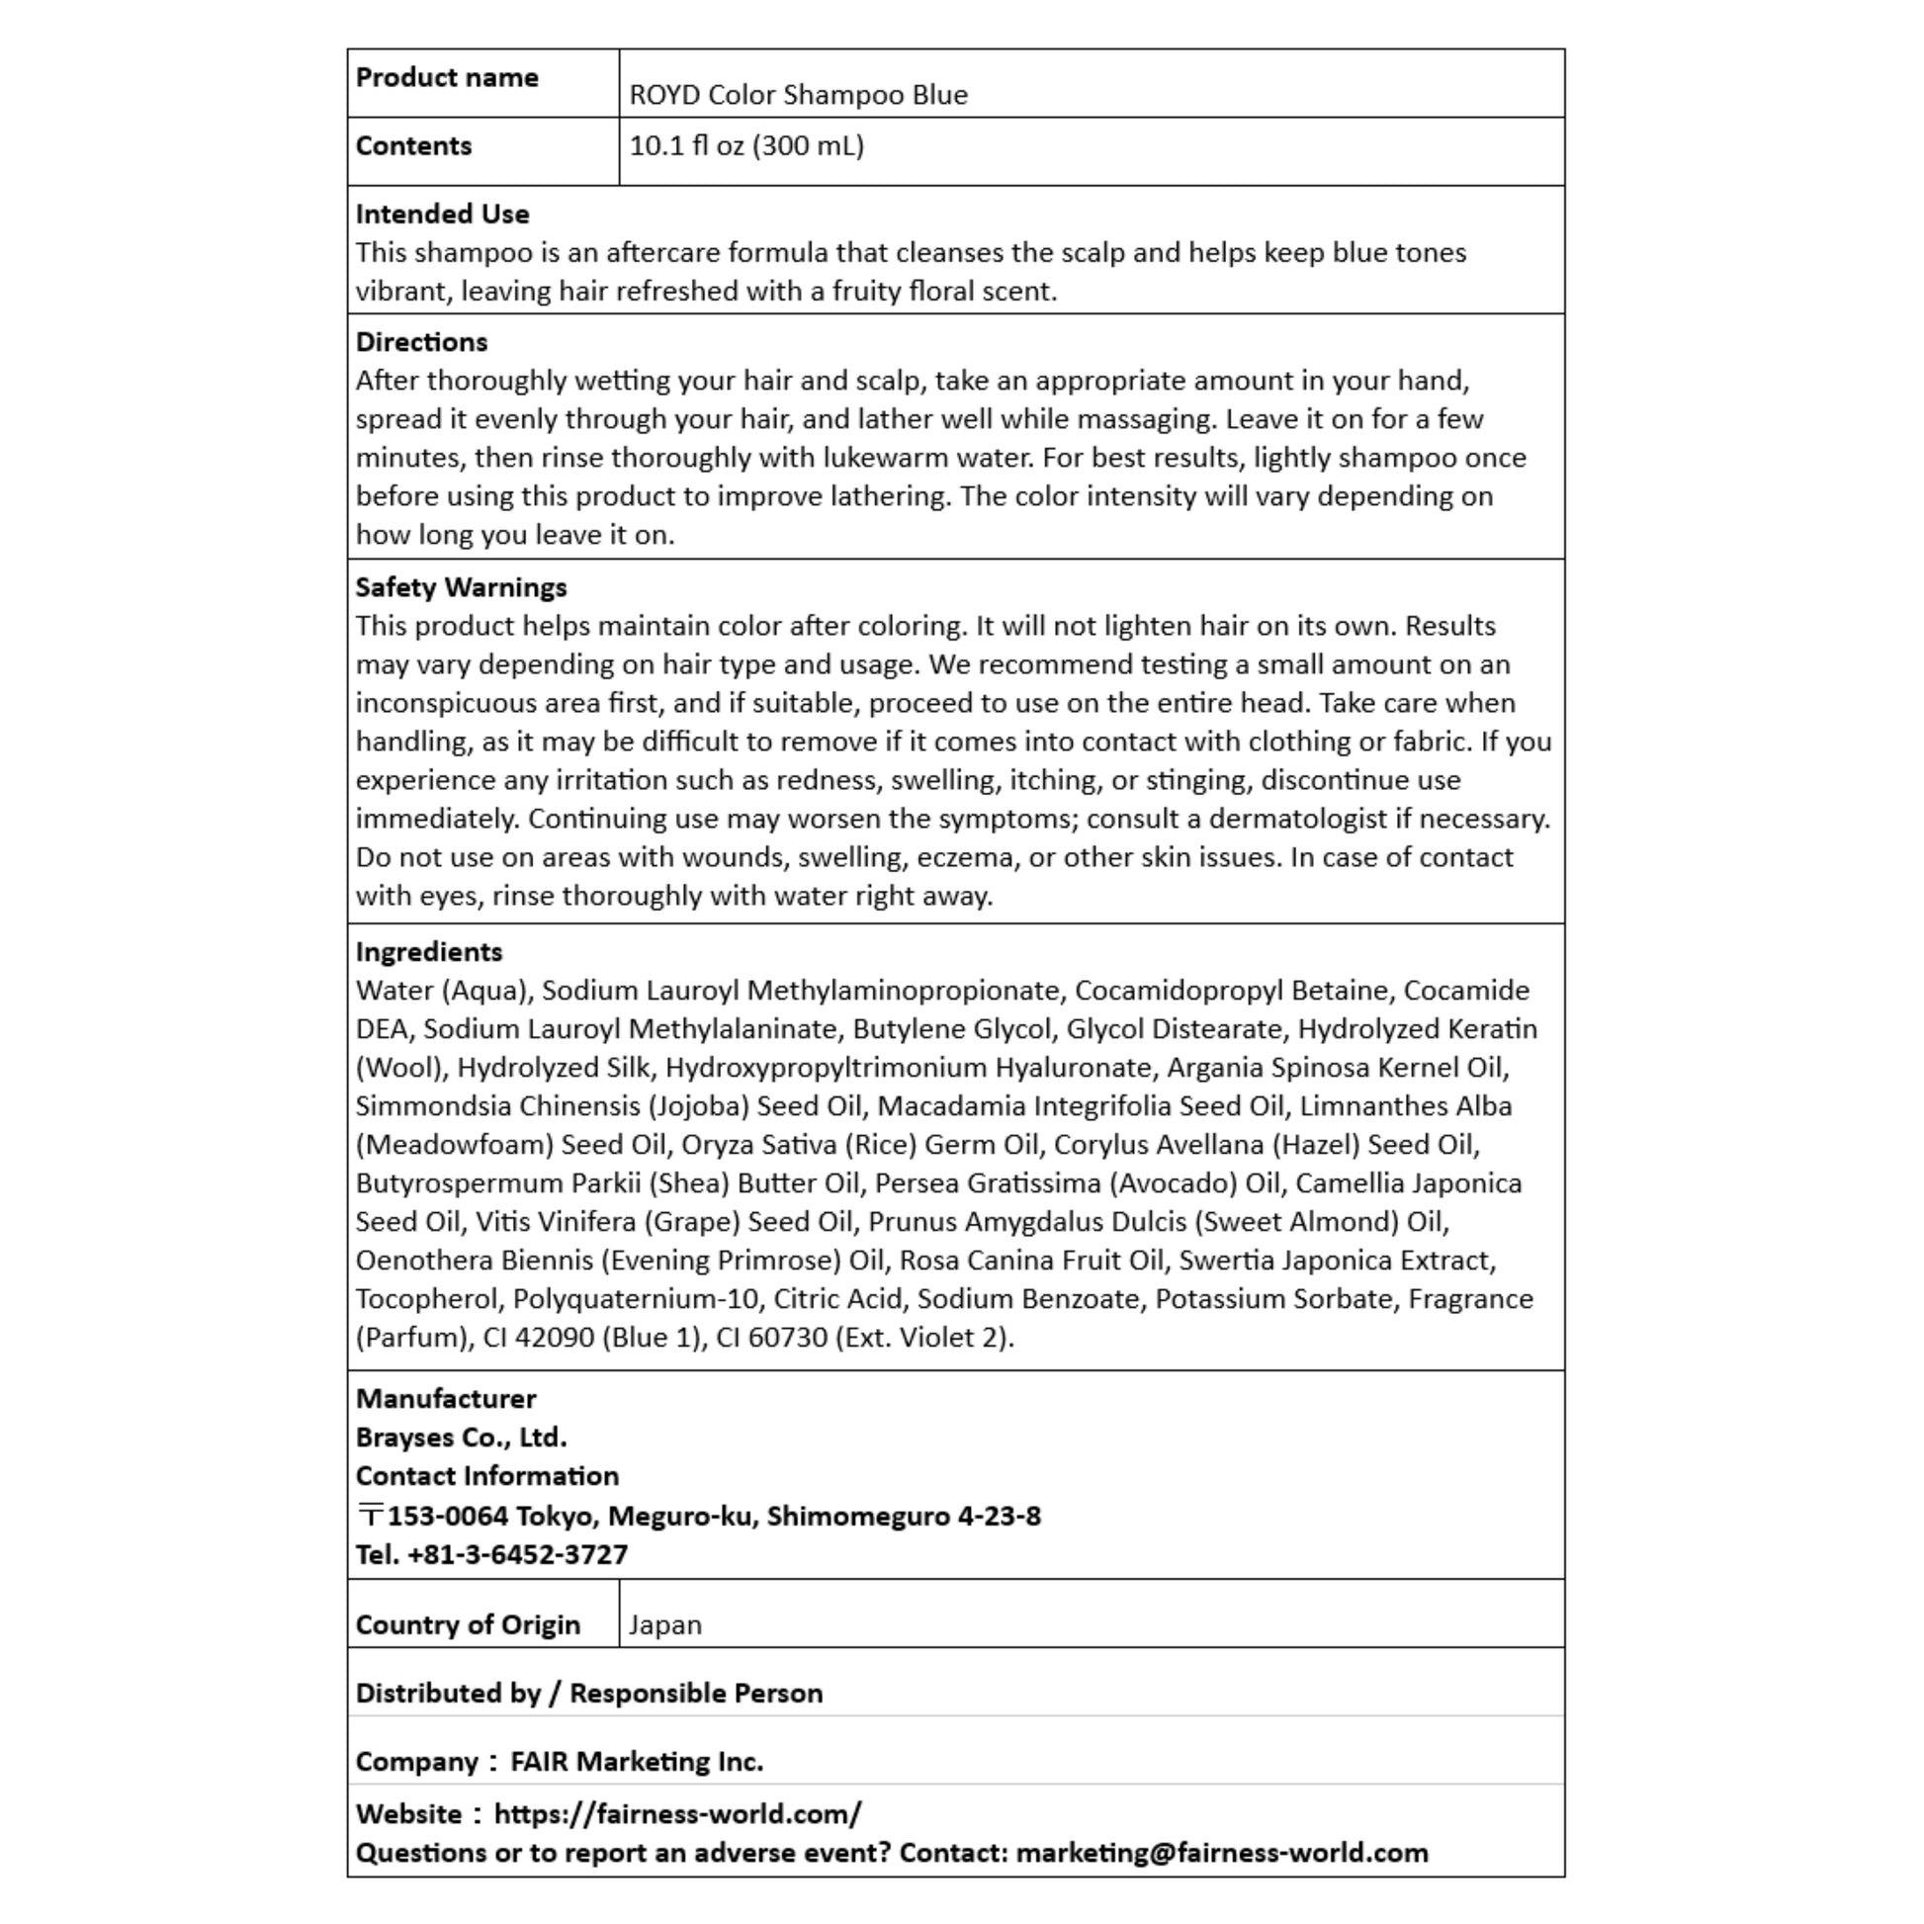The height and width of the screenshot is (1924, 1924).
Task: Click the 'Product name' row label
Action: [x=446, y=78]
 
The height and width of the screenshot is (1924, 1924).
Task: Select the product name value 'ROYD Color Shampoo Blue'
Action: [x=798, y=95]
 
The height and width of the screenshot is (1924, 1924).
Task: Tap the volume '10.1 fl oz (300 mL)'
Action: [x=745, y=146]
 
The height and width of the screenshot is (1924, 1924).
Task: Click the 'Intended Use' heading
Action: [x=442, y=215]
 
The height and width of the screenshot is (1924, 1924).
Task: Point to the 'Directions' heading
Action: [x=421, y=341]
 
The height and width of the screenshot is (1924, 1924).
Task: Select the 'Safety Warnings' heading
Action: [x=461, y=587]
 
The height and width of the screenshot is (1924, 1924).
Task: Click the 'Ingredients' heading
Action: [x=428, y=952]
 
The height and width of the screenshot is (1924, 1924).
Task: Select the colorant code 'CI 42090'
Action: [x=539, y=1338]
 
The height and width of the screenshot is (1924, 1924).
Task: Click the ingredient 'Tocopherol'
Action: [x=426, y=1298]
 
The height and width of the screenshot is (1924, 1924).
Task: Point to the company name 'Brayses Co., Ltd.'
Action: [x=461, y=1437]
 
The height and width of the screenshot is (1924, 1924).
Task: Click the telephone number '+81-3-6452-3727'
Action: [x=517, y=1554]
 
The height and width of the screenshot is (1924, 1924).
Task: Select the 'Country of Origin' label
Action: [x=467, y=1624]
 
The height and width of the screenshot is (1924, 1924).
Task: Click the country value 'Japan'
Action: [x=664, y=1624]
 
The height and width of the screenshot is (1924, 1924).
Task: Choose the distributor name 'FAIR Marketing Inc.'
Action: [x=637, y=1762]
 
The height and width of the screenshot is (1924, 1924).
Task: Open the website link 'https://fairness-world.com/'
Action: [x=677, y=1813]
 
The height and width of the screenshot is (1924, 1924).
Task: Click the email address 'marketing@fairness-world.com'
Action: [x=1221, y=1852]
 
